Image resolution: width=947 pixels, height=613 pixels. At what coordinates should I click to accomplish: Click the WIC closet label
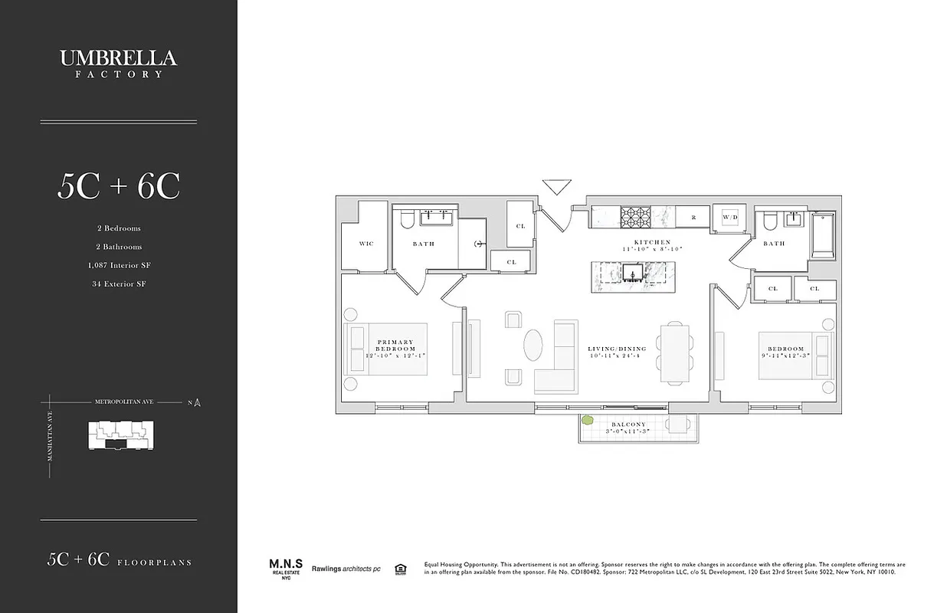(365, 244)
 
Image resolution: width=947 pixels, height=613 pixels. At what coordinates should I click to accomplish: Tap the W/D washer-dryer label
(730, 218)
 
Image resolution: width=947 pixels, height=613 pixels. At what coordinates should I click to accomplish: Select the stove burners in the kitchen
(634, 217)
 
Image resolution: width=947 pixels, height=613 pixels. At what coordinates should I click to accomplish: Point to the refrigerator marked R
(693, 218)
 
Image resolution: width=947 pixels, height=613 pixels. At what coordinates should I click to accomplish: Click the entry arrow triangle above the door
(557, 186)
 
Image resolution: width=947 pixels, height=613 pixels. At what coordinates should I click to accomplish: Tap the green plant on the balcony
(588, 421)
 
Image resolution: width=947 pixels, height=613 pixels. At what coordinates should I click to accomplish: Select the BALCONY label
(628, 425)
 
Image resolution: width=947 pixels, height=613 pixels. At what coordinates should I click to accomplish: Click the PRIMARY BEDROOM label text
(395, 346)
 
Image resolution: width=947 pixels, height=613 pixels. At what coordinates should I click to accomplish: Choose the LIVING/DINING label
(612, 349)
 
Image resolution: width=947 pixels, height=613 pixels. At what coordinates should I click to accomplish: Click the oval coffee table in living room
(534, 345)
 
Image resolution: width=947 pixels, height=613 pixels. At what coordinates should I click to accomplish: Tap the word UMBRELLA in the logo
(118, 58)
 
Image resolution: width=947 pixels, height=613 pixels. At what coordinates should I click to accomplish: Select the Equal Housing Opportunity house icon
(399, 569)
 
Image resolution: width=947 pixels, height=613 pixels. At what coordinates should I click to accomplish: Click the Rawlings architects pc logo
(346, 569)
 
